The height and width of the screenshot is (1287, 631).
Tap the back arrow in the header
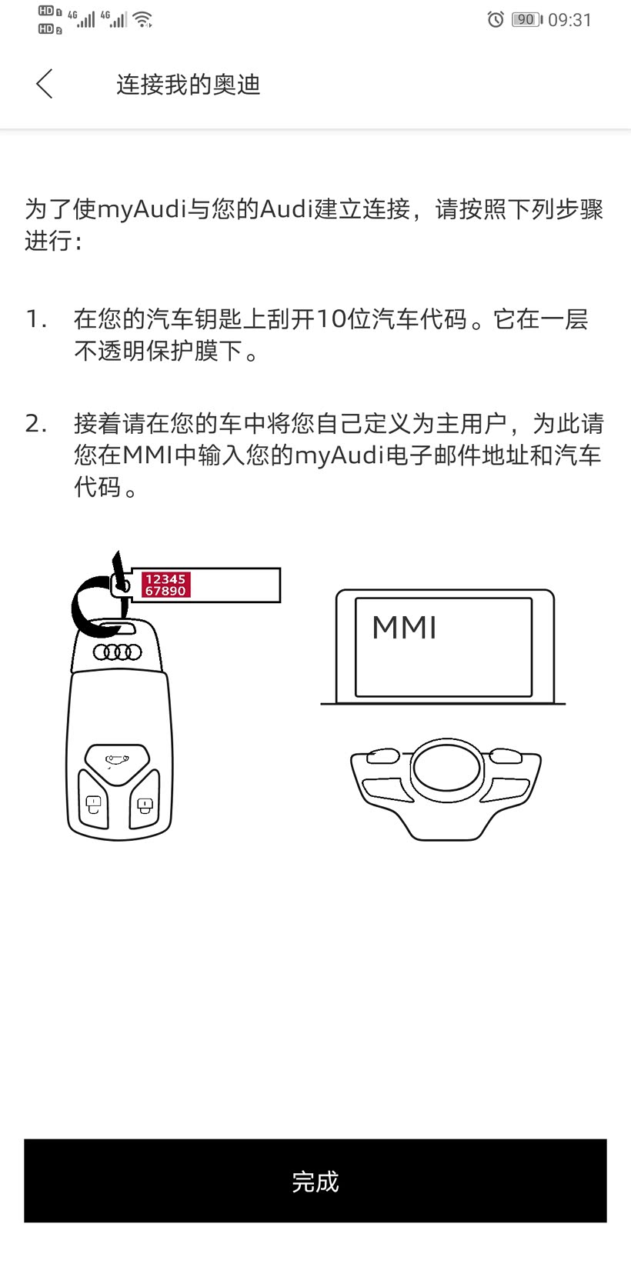click(x=45, y=84)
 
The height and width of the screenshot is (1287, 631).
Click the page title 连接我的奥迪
click(x=189, y=85)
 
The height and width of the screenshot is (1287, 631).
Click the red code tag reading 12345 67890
click(x=165, y=585)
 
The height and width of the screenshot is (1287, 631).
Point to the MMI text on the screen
click(x=404, y=628)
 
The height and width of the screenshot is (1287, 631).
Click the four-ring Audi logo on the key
click(x=118, y=652)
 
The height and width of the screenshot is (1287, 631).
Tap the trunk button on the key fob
click(x=117, y=762)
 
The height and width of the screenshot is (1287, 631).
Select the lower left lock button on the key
click(x=93, y=805)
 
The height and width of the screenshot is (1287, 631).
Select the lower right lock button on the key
click(x=144, y=805)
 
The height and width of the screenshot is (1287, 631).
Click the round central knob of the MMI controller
click(x=446, y=768)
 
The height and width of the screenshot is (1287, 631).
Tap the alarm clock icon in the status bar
click(x=496, y=19)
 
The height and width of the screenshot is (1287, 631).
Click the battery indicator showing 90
click(x=526, y=19)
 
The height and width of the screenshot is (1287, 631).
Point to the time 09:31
click(x=569, y=20)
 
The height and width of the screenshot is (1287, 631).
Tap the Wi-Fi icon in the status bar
click(x=142, y=19)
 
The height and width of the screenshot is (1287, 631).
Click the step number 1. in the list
click(x=36, y=319)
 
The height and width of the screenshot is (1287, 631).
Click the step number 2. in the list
click(x=36, y=424)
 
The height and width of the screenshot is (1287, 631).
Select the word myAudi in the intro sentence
click(x=142, y=209)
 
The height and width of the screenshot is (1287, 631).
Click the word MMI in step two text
click(x=147, y=455)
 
